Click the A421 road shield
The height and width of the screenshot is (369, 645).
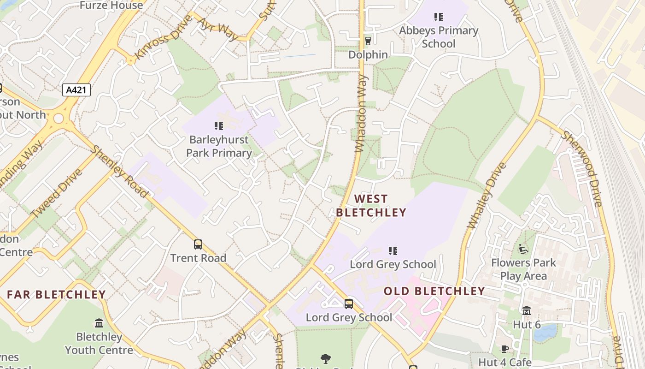[76, 90]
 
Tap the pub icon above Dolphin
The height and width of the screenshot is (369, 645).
[368, 41]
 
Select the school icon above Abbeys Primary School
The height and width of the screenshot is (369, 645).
[438, 18]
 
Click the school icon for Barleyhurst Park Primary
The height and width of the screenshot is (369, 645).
[219, 125]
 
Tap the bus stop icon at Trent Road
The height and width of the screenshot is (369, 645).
[198, 244]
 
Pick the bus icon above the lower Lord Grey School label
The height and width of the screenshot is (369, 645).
[349, 304]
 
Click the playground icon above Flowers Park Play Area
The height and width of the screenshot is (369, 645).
[523, 249]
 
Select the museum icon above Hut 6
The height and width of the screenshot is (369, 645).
[527, 311]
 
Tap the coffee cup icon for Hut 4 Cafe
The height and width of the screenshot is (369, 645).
[504, 349]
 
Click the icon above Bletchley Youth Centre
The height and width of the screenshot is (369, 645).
[99, 323]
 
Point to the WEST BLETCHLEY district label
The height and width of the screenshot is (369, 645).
[371, 206]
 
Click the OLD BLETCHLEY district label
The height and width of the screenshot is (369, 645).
[434, 291]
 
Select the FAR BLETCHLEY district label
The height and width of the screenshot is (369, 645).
[56, 294]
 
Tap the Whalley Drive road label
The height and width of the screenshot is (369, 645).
[487, 195]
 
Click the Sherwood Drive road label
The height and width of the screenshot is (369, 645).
[581, 169]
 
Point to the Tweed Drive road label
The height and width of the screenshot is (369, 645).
[56, 193]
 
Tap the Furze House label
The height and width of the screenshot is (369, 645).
[111, 6]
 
